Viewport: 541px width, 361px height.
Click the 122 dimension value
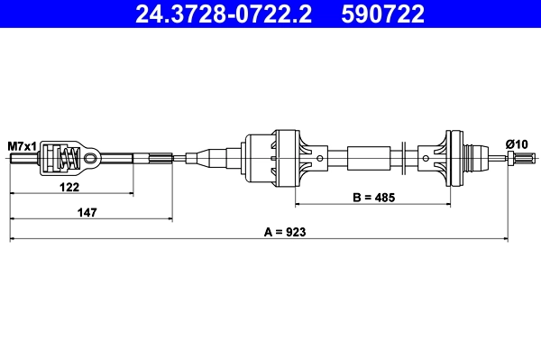pos(69,187)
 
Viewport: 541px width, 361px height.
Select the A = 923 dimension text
pos(285,232)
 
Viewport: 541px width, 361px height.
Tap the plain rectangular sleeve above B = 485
pos(369,160)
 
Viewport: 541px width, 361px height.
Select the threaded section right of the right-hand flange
pos(476,160)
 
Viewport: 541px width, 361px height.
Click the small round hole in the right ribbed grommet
pos(425,160)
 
